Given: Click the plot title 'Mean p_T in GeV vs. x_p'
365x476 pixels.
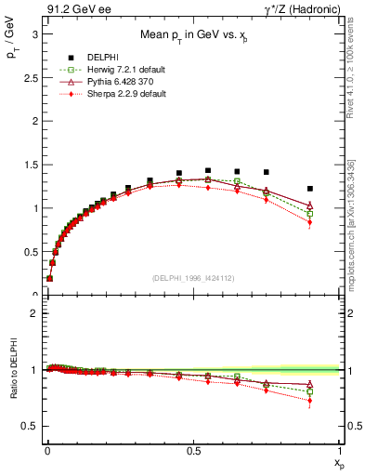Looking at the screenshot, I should (193, 36).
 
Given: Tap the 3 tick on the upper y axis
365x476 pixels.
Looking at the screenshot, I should (33, 33).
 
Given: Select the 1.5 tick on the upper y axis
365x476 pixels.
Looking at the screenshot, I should (30, 164).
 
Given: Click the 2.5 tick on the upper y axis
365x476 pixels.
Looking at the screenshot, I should (30, 76).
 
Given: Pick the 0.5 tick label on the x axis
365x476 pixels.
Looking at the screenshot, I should (193, 450).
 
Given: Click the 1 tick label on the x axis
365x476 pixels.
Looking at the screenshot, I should (340, 450).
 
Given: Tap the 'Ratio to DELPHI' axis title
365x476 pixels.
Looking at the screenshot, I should (12, 371).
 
